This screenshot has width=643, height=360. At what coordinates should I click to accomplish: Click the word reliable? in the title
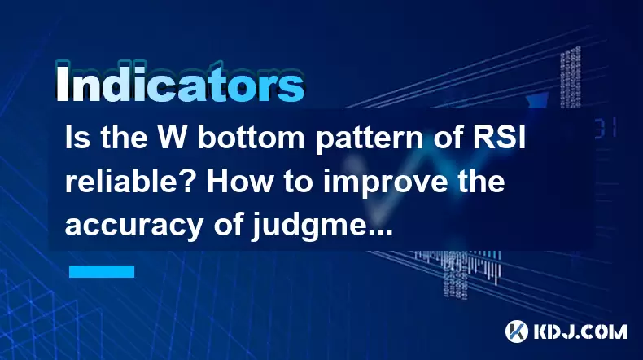(132, 181)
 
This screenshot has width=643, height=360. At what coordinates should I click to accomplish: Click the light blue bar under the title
(102, 271)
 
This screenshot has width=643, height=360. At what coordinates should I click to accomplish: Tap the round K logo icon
(517, 331)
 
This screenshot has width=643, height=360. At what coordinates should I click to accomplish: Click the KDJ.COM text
(580, 331)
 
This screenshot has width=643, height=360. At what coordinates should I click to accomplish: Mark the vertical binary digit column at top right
(571, 77)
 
